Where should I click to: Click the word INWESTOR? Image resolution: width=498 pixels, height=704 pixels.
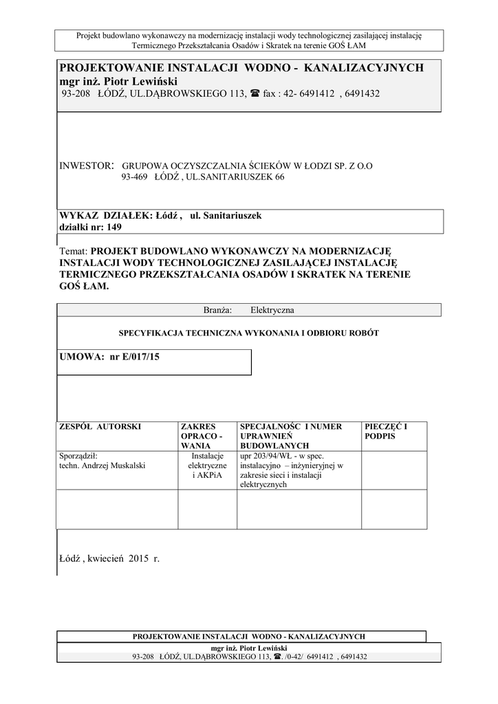(85, 166)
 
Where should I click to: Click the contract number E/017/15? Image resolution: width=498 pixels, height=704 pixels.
(140, 356)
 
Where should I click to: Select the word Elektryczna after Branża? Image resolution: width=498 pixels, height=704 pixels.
(272, 310)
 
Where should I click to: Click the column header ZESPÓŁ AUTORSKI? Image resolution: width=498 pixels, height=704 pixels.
(100, 427)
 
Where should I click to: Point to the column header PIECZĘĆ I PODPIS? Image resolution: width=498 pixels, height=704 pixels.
(385, 431)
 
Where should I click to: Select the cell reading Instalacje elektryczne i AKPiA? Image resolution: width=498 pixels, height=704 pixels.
(207, 465)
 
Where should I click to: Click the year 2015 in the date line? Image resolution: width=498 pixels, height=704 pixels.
(138, 558)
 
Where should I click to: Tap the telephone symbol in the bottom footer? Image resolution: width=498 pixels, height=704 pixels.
(277, 657)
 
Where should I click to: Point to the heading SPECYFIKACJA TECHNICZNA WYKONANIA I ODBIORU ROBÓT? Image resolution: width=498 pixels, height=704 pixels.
(249, 333)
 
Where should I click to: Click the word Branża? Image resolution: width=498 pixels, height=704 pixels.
(218, 310)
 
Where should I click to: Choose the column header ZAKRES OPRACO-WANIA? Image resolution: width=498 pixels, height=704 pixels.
(202, 436)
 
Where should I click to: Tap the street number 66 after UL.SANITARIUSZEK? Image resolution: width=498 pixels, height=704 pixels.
(279, 177)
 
